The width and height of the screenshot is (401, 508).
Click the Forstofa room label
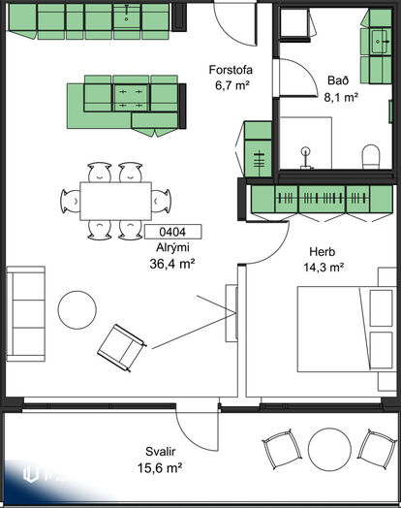[x=231, y=70]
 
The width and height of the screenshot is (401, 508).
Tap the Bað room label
[x=338, y=80]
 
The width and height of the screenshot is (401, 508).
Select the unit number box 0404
[x=172, y=232]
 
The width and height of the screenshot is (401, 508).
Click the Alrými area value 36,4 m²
[x=172, y=264]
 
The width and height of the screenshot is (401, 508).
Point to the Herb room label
[x=322, y=251]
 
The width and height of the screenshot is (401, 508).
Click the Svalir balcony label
[x=160, y=452]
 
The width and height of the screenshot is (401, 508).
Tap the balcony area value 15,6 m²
[x=160, y=468]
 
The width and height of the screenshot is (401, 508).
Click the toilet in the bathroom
[x=371, y=157]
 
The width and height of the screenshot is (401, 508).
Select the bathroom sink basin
[x=380, y=42]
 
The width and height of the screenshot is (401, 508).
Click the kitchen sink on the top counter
[x=127, y=16]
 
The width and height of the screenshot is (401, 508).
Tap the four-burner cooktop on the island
[x=131, y=98]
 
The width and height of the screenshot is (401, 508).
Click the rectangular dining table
[x=116, y=202]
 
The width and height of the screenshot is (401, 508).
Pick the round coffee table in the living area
[x=77, y=310]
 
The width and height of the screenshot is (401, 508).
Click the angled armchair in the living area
[x=122, y=348]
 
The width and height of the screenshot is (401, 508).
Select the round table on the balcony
[x=329, y=450]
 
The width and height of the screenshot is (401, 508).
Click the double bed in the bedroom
[x=347, y=330]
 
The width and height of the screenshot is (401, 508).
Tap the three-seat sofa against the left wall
[x=26, y=314]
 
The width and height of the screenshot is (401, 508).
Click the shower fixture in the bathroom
[x=306, y=158]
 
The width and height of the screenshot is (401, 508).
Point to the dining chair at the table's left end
[x=71, y=202]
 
